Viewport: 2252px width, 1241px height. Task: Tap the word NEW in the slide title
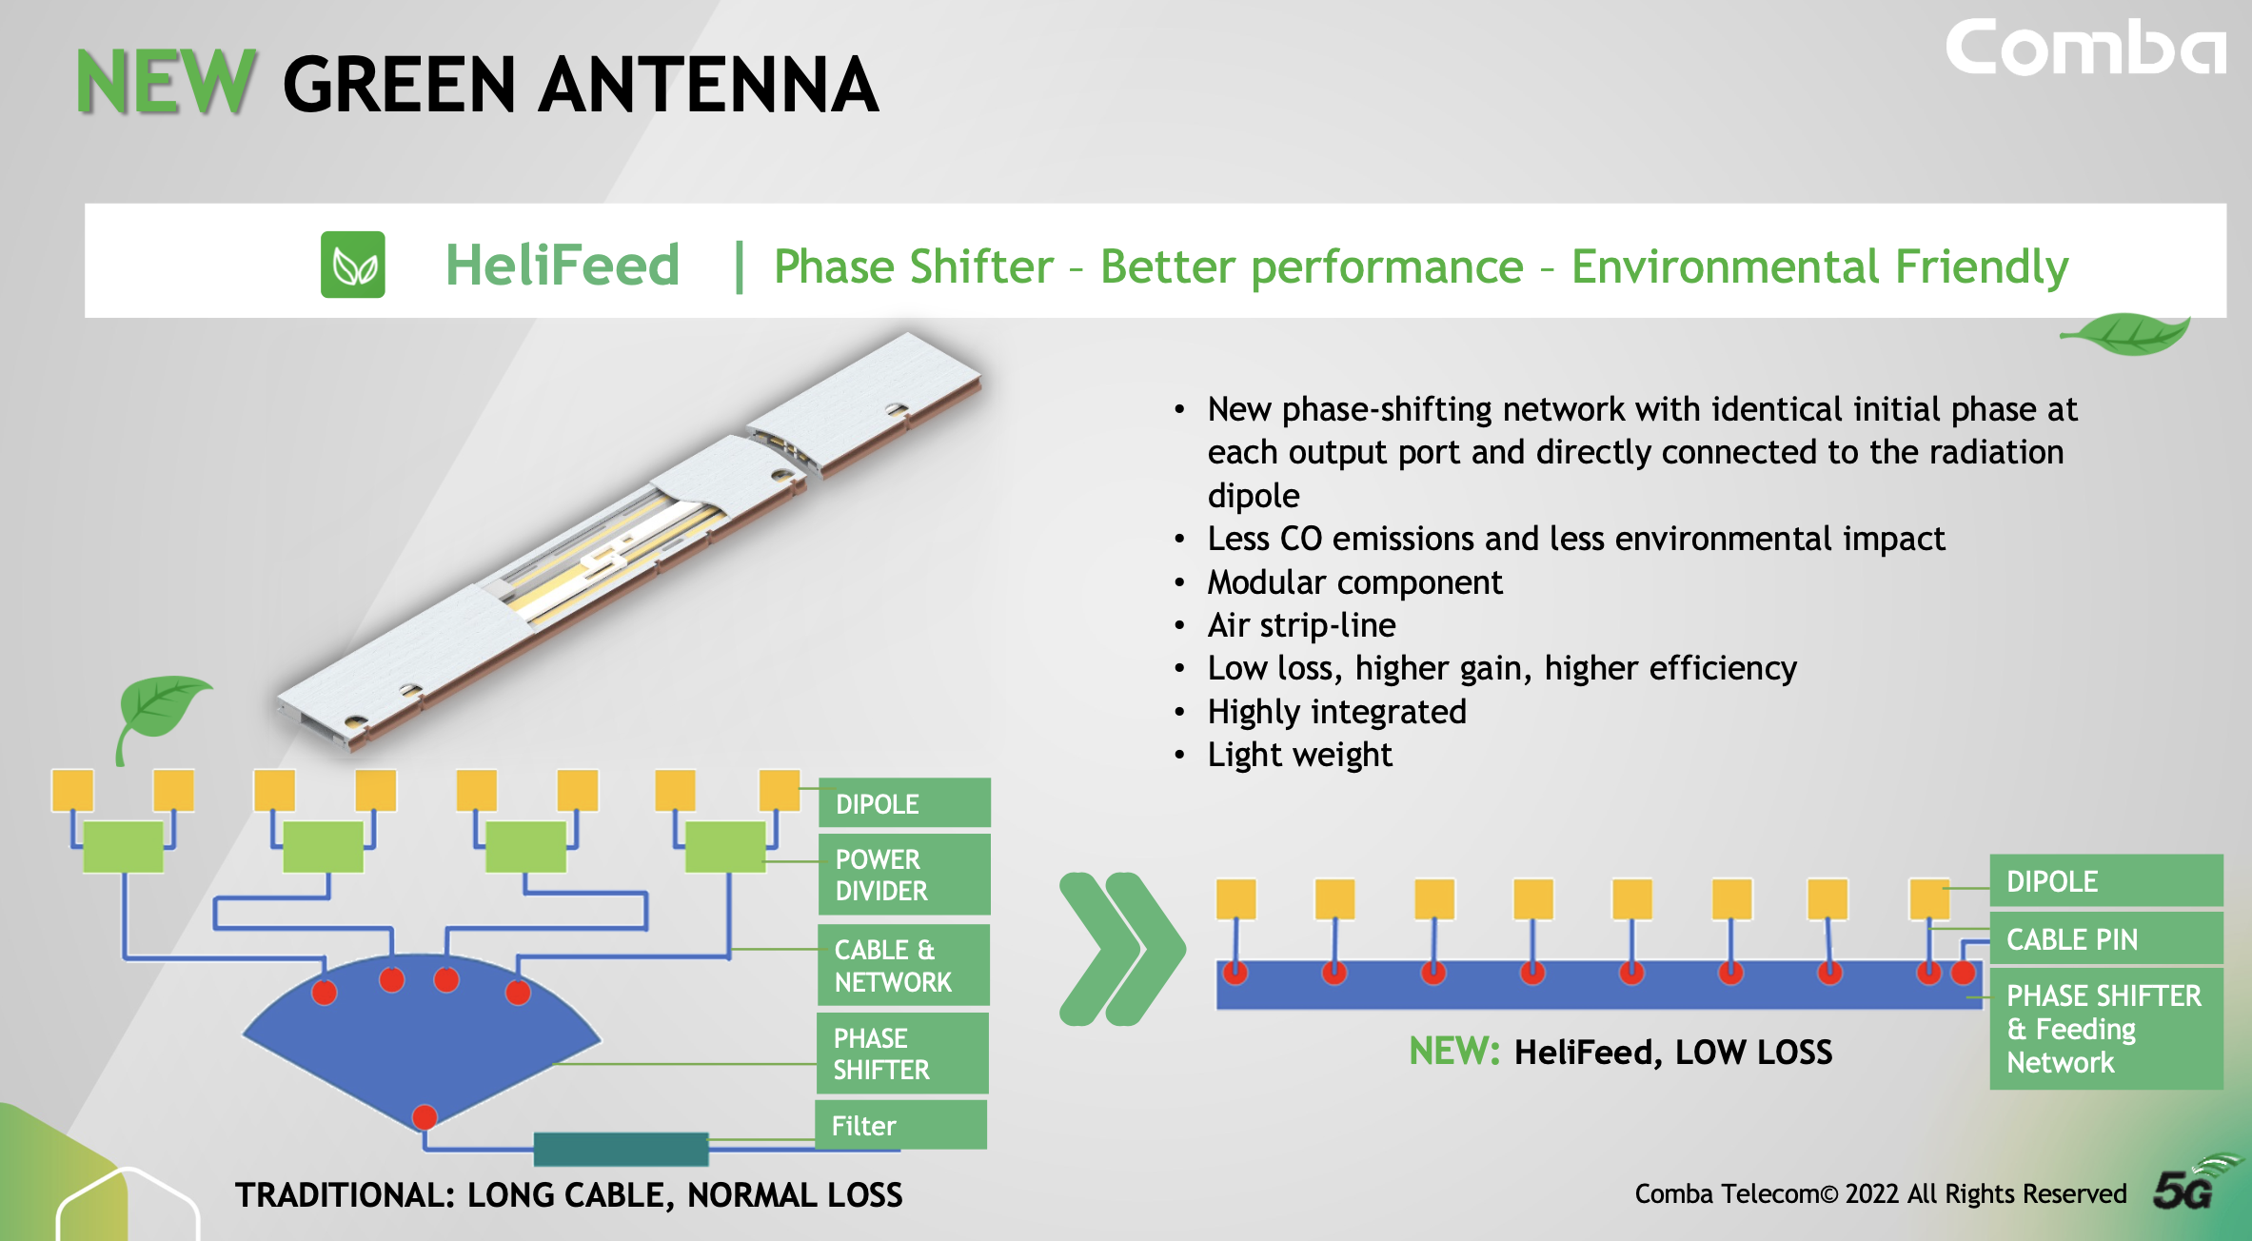coord(166,83)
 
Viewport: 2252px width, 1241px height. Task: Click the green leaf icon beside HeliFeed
coord(353,265)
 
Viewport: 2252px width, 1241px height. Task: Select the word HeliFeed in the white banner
coord(563,265)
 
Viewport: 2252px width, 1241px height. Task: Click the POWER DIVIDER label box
coord(904,875)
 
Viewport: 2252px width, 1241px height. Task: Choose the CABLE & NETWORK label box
coord(903,965)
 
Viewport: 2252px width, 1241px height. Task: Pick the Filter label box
coord(901,1125)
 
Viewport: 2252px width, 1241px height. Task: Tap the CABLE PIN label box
coord(2106,938)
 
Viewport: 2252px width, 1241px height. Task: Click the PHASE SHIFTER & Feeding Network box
coord(2106,1029)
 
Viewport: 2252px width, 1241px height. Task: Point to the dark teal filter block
coord(621,1149)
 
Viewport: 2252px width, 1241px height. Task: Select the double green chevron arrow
coord(1122,949)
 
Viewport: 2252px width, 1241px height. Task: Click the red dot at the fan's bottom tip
coord(425,1116)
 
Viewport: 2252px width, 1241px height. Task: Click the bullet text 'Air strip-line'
coord(1301,625)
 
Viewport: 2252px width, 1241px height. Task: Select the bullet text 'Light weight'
coord(1299,755)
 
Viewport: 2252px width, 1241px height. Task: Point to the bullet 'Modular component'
coord(1354,582)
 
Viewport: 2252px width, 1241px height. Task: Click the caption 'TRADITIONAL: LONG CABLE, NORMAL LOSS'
coord(569,1195)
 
